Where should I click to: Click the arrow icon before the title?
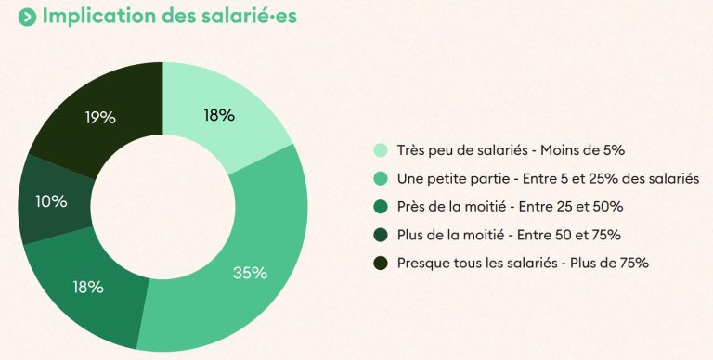[x=28, y=17]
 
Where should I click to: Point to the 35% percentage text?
[x=250, y=273]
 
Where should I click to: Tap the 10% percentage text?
[x=50, y=201]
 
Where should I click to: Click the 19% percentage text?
[x=99, y=118]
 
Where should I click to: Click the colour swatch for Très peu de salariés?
[x=381, y=150]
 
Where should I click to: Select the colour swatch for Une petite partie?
[x=381, y=178]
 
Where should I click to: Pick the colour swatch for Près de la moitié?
[x=381, y=206]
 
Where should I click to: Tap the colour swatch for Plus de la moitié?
[x=381, y=234]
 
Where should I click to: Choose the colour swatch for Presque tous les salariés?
[x=381, y=263]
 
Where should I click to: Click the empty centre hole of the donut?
[x=162, y=206]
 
